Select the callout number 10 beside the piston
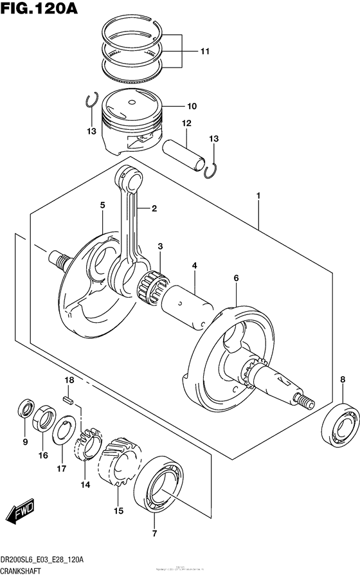pos(191,106)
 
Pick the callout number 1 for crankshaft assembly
pos(258,194)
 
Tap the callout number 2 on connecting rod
pos(154,208)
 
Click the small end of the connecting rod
pos(128,176)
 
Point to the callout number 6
pos(236,278)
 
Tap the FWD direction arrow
pos(21,512)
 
